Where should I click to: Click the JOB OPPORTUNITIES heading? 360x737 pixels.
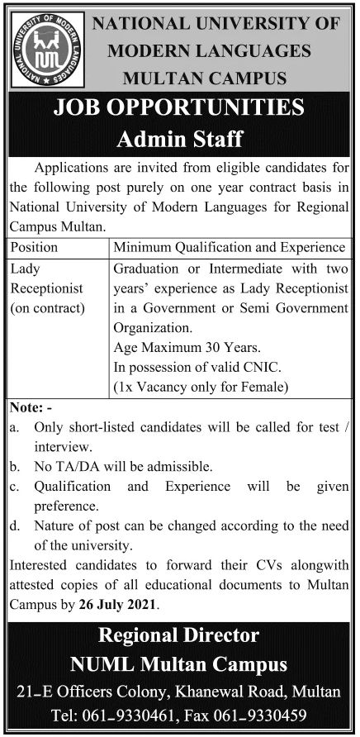point(179,108)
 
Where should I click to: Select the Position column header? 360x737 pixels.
point(34,247)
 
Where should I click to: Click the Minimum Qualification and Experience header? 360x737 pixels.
point(229,247)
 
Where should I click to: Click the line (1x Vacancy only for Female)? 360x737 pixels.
point(201,386)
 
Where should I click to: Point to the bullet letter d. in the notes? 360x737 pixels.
point(15,525)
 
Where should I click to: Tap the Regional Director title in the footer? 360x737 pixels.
point(179,635)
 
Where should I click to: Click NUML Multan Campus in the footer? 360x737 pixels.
point(179,663)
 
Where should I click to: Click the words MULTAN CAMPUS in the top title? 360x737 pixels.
point(204,78)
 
